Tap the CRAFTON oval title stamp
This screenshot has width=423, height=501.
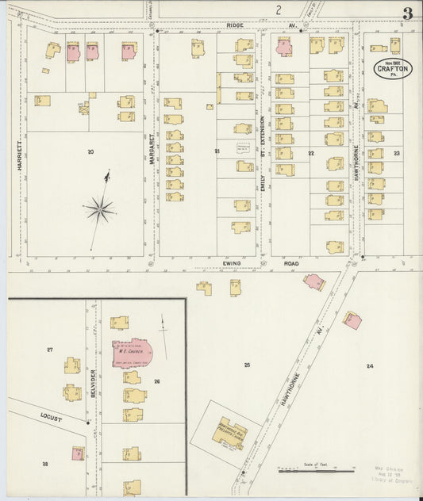[393, 69]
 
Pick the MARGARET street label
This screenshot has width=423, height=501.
[151, 148]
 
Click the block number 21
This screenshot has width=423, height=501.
[216, 151]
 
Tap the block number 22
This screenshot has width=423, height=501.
[312, 153]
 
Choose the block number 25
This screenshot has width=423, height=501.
[248, 364]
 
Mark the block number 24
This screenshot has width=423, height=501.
[369, 365]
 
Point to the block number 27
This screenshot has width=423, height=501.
[49, 349]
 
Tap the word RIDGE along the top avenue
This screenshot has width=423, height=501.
[235, 25]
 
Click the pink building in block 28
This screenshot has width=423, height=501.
[78, 453]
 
